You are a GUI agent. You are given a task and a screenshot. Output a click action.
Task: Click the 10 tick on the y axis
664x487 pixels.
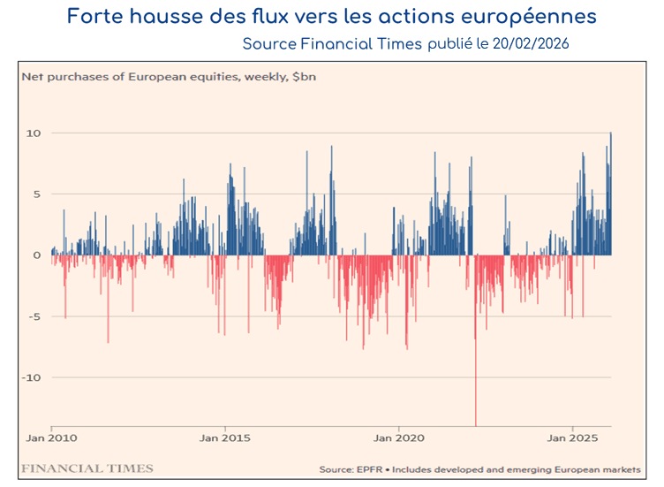(34, 133)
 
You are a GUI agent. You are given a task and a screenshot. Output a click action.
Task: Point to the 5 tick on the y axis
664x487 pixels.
(36, 194)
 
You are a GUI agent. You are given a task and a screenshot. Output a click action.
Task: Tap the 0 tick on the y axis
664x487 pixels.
(36, 255)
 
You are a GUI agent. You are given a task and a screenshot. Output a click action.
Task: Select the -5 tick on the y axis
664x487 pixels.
(34, 316)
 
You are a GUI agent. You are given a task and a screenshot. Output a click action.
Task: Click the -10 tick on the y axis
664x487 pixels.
(32, 377)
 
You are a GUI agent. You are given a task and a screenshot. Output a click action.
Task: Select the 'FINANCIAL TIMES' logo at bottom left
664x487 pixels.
(87, 468)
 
